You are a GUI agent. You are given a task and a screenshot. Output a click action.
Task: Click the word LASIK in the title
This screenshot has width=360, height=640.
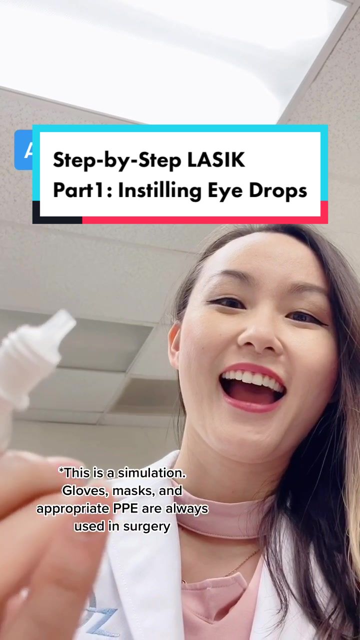[216, 160]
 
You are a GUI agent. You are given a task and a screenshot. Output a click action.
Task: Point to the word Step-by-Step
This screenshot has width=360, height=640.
[117, 161]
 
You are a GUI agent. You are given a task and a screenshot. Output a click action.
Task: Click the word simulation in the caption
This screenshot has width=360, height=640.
[151, 473]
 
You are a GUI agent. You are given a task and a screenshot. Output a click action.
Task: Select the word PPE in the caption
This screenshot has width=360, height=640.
[125, 508]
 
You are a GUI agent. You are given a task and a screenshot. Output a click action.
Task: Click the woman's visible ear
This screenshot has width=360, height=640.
[174, 345]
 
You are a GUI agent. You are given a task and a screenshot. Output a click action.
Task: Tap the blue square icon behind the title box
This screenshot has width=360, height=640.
[23, 149]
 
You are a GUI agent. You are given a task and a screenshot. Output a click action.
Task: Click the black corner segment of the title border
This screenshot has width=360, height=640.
[57, 212]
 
